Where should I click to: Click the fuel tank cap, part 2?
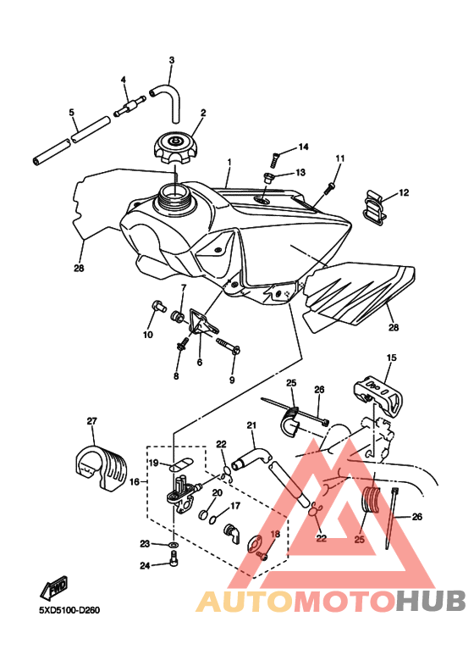(x=175, y=149)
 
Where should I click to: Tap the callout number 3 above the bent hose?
(x=172, y=60)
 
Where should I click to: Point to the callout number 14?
(x=303, y=147)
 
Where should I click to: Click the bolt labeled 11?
(x=330, y=188)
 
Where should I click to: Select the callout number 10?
(x=148, y=335)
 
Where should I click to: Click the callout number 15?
(x=391, y=358)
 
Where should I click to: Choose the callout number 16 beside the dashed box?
(x=135, y=481)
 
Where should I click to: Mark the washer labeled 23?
(x=174, y=545)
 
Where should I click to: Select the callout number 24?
(x=145, y=566)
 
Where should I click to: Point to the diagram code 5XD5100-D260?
(x=69, y=610)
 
